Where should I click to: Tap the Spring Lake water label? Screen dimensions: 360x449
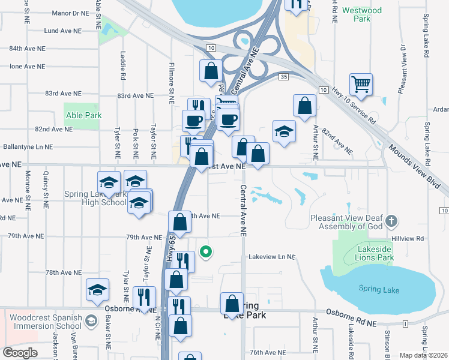tap(379, 289)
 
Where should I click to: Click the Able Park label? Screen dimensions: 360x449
tap(83, 115)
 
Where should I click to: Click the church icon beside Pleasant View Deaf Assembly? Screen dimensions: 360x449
tap(391, 221)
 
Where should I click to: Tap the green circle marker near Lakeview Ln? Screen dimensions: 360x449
tap(206, 253)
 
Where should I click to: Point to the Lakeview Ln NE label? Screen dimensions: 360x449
tap(273, 257)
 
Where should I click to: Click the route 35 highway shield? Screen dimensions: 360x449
tap(284, 77)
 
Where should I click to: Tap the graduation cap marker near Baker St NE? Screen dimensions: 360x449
tap(97, 289)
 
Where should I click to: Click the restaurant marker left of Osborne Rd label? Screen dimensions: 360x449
tap(145, 297)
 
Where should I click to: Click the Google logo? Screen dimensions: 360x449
tap(20, 353)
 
